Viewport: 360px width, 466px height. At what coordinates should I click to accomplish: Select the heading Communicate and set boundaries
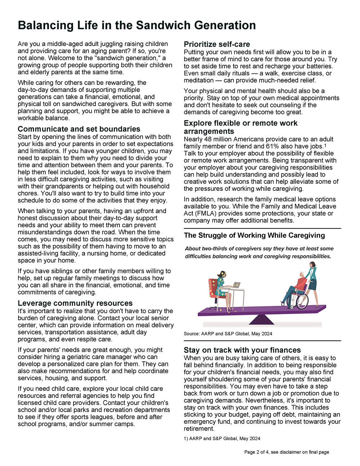click(79, 129)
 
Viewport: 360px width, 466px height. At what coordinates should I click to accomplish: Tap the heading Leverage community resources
click(75, 303)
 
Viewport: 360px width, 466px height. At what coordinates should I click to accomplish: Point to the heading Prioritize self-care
click(217, 44)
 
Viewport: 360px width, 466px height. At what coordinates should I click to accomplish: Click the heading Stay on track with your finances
click(242, 350)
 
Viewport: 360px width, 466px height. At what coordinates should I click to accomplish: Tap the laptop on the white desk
click(236, 285)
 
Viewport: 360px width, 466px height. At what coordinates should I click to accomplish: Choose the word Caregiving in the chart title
click(306, 236)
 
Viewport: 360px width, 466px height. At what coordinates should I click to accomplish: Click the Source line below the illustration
click(228, 334)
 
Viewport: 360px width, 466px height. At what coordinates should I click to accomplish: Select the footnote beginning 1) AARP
click(222, 439)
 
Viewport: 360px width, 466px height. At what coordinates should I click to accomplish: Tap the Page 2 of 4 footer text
click(287, 452)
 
